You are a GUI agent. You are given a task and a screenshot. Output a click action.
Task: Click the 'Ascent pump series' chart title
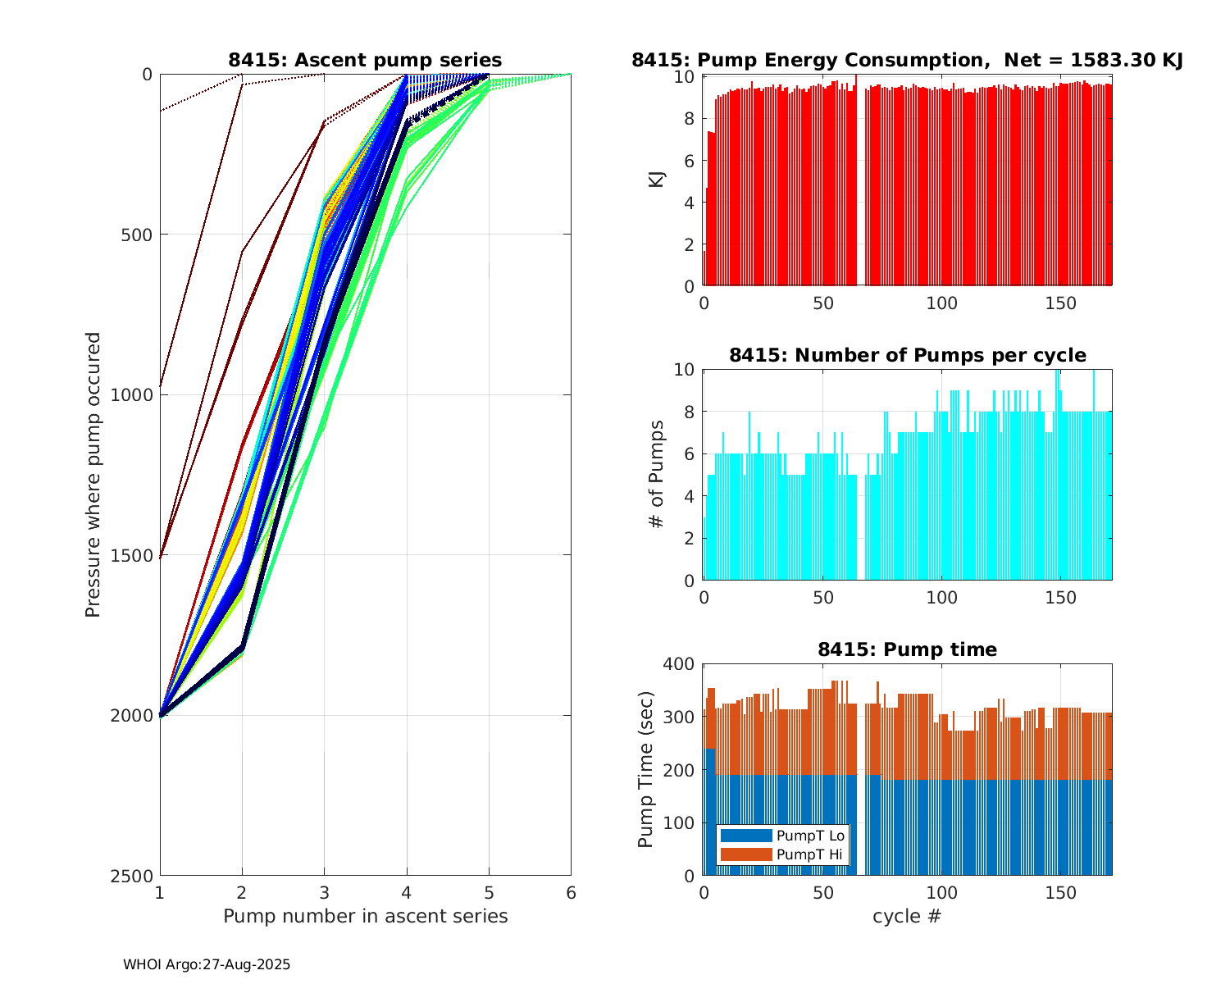[x=365, y=60]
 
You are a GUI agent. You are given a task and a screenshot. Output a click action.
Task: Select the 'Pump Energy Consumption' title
[x=907, y=60]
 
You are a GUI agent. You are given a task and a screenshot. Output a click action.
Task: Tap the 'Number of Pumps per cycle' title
[x=907, y=355]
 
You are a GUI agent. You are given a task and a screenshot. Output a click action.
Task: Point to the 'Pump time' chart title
[x=907, y=649]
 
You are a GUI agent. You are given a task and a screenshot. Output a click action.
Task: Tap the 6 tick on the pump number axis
[x=571, y=893]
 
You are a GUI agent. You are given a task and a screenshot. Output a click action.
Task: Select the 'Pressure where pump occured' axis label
[x=93, y=475]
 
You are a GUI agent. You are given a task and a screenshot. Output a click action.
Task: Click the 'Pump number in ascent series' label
[x=365, y=916]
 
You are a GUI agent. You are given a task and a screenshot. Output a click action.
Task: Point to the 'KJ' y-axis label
[x=657, y=180]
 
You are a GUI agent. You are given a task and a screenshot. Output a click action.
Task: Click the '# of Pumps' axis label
[x=657, y=474]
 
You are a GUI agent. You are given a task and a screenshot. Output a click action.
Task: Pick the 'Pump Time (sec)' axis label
[x=646, y=769]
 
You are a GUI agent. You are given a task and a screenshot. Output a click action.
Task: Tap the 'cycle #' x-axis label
[x=907, y=916]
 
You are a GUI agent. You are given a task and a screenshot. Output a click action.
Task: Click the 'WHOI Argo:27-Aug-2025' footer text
[x=207, y=965]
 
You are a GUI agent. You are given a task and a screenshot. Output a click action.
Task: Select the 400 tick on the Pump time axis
[x=679, y=664]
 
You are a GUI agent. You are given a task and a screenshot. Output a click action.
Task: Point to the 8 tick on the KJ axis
[x=689, y=119]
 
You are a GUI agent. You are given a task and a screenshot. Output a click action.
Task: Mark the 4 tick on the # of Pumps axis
[x=689, y=496]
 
